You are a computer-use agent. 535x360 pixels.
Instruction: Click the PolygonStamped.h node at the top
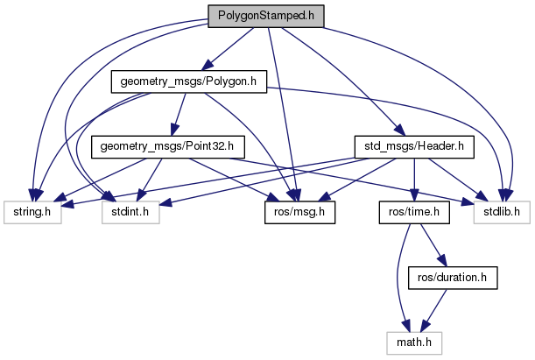(x=265, y=17)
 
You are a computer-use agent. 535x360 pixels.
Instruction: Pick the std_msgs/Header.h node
(x=413, y=145)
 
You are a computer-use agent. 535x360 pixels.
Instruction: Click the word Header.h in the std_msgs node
(x=441, y=145)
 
